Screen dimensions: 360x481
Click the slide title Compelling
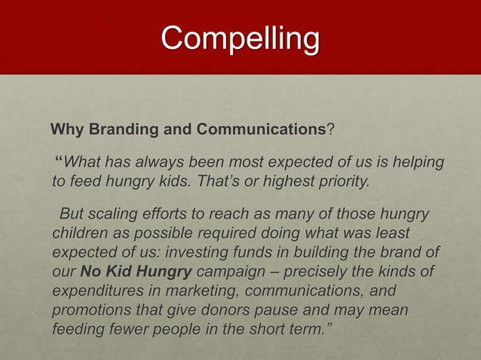pyautogui.click(x=240, y=38)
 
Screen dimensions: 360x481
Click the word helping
pyautogui.click(x=417, y=163)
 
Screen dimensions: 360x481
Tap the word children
pyautogui.click(x=79, y=233)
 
